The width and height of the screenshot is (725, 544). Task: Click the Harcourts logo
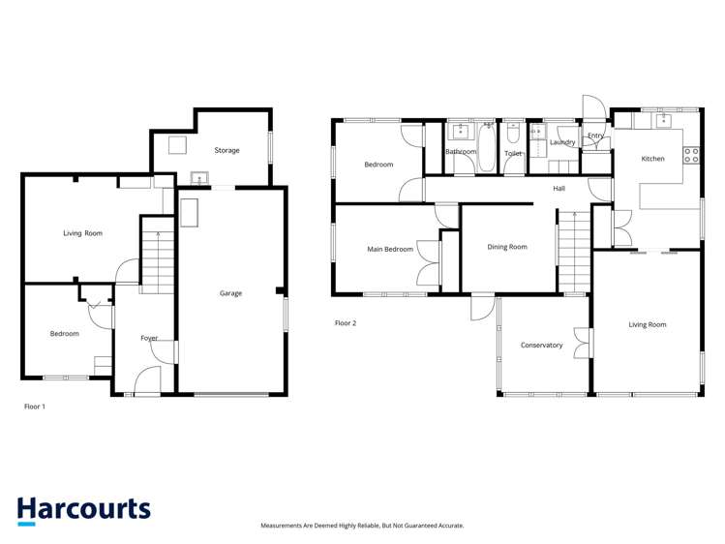[x=83, y=510]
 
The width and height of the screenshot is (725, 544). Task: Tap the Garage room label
[x=230, y=293]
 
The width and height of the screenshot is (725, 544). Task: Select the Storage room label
[x=227, y=150]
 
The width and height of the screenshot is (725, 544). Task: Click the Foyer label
[x=149, y=338]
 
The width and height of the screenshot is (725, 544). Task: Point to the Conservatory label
[x=541, y=345]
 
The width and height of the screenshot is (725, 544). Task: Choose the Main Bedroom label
[x=390, y=250]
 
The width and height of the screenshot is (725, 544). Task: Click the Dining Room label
[x=507, y=247]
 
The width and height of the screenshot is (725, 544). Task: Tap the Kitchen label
[x=653, y=158]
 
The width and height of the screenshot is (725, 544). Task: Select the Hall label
[x=559, y=189]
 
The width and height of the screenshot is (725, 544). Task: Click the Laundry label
[x=562, y=142]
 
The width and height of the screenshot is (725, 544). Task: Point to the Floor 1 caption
[x=35, y=407]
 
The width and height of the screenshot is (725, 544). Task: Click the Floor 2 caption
[x=346, y=322]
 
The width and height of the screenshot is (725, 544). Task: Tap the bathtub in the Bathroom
[x=486, y=147]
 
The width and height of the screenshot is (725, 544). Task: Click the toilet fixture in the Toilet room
[x=513, y=135]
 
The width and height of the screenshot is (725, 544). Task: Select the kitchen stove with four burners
[x=691, y=154]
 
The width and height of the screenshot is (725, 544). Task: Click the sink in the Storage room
[x=198, y=178]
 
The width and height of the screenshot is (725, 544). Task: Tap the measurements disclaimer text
[x=362, y=526]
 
